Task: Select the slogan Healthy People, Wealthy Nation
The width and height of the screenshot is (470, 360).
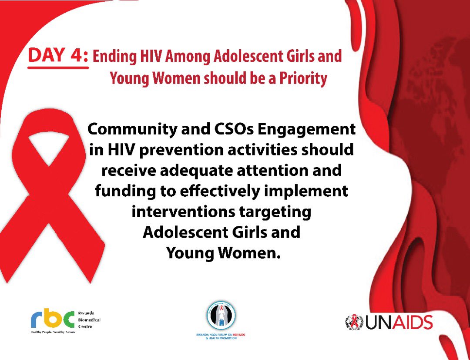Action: (x=52, y=332)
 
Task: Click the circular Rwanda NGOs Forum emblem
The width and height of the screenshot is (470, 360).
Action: (x=221, y=316)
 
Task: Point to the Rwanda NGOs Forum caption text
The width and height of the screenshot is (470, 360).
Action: (x=221, y=336)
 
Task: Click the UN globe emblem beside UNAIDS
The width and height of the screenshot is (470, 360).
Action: (x=354, y=322)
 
